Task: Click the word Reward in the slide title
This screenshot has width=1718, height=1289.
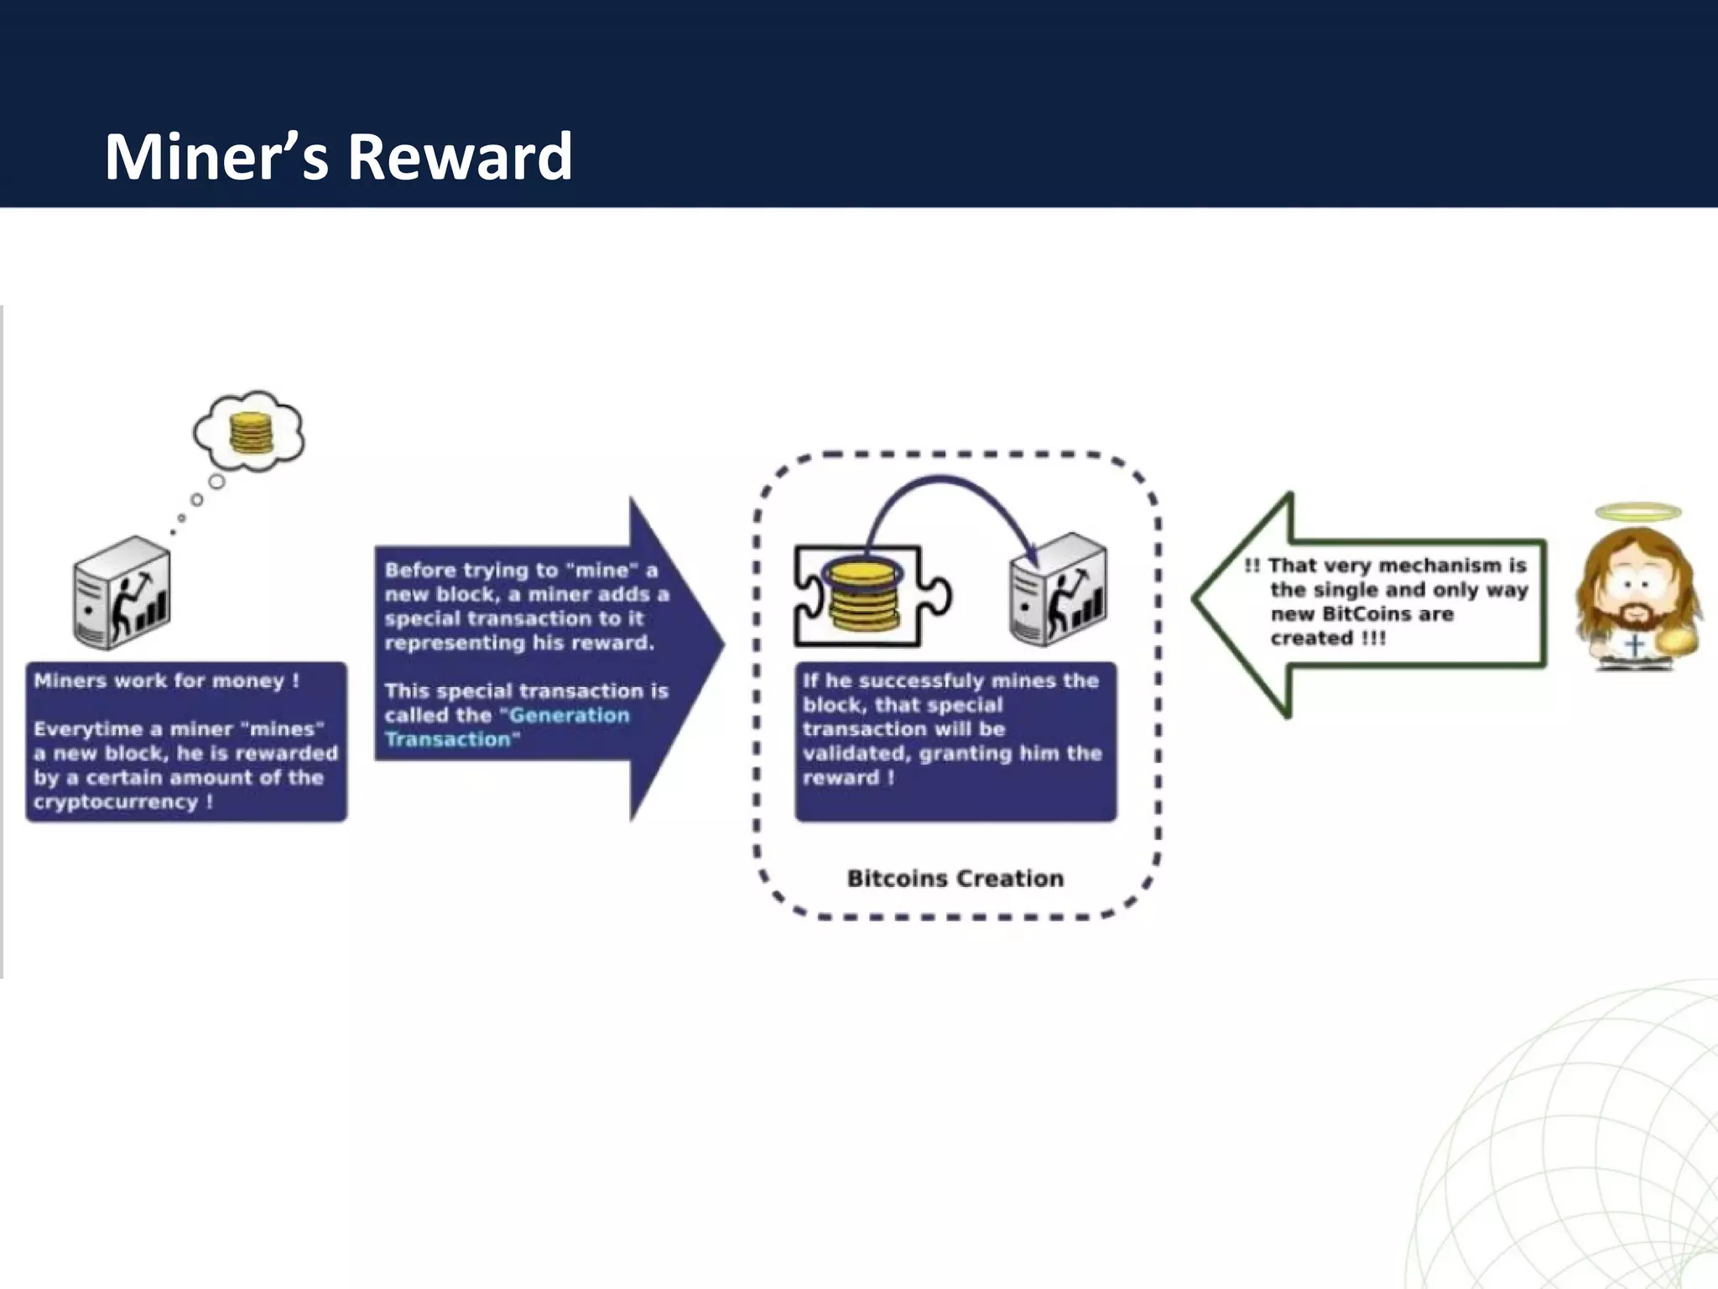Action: (x=460, y=157)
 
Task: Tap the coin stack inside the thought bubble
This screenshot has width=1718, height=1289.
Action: (x=251, y=434)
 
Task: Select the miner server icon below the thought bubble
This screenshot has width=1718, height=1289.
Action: (x=122, y=594)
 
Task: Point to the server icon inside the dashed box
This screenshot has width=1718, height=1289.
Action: (x=1059, y=590)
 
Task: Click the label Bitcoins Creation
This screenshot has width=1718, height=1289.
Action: (x=955, y=879)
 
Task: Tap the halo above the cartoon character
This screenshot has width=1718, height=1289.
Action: (x=1637, y=511)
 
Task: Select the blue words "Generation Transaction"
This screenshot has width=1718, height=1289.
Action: (x=507, y=727)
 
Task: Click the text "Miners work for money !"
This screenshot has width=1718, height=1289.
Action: (x=166, y=681)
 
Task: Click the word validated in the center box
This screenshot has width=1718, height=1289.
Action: (x=854, y=753)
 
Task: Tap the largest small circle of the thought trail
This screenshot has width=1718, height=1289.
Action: (x=216, y=482)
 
